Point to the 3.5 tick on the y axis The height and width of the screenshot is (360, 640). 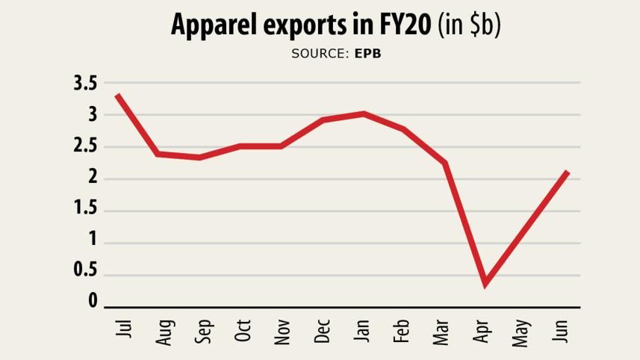85,84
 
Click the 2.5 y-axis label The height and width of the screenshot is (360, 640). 85,146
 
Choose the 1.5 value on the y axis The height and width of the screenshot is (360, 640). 85,208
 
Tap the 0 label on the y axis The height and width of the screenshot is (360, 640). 93,301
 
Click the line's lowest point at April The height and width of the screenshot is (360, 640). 485,283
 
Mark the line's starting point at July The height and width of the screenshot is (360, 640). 118,96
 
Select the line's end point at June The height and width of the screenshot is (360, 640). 568,173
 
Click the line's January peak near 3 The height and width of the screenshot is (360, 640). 363,114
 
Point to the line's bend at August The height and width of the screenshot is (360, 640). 158,154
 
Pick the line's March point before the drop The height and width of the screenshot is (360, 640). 444,162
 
